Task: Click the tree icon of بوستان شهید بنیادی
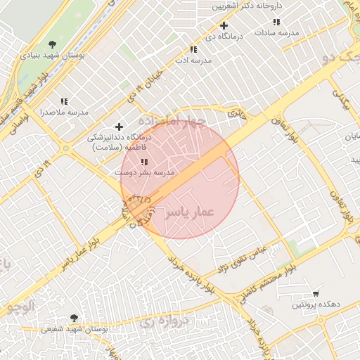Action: pyautogui.click(x=53, y=44)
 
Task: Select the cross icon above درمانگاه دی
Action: pyautogui.click(x=223, y=26)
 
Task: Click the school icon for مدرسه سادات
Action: pyautogui.click(x=276, y=22)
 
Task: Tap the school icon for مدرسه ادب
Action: pyautogui.click(x=193, y=50)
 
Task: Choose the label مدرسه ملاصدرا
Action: pyautogui.click(x=64, y=112)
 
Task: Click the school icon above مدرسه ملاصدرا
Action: pyautogui.click(x=64, y=102)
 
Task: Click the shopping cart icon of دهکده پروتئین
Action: pyautogui.click(x=316, y=293)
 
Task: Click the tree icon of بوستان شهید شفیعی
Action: pyautogui.click(x=74, y=318)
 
